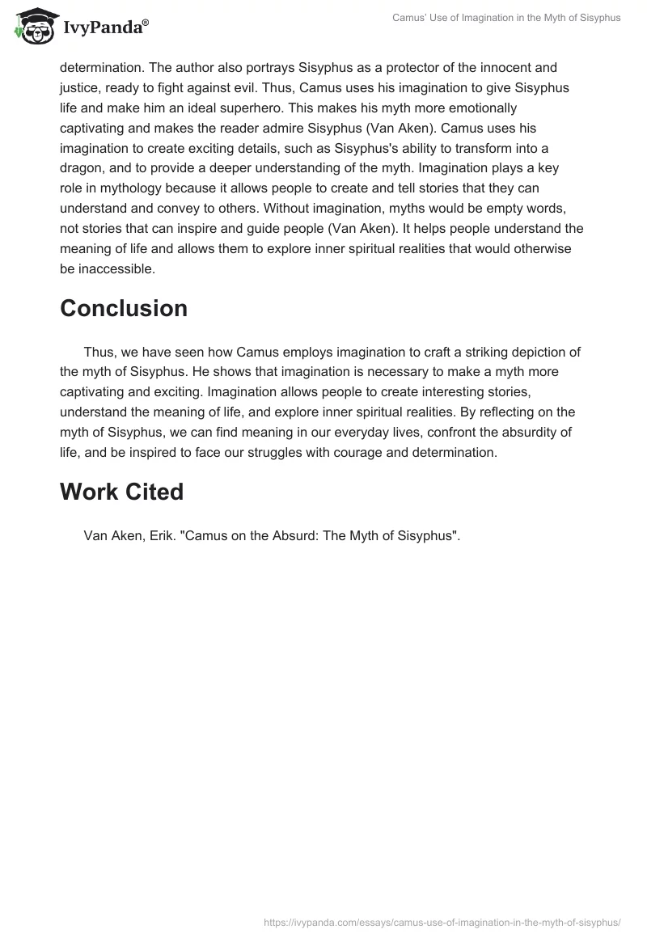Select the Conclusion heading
point(124,308)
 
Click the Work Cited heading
point(122,491)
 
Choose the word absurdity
point(529,433)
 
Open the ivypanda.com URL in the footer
point(442,922)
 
